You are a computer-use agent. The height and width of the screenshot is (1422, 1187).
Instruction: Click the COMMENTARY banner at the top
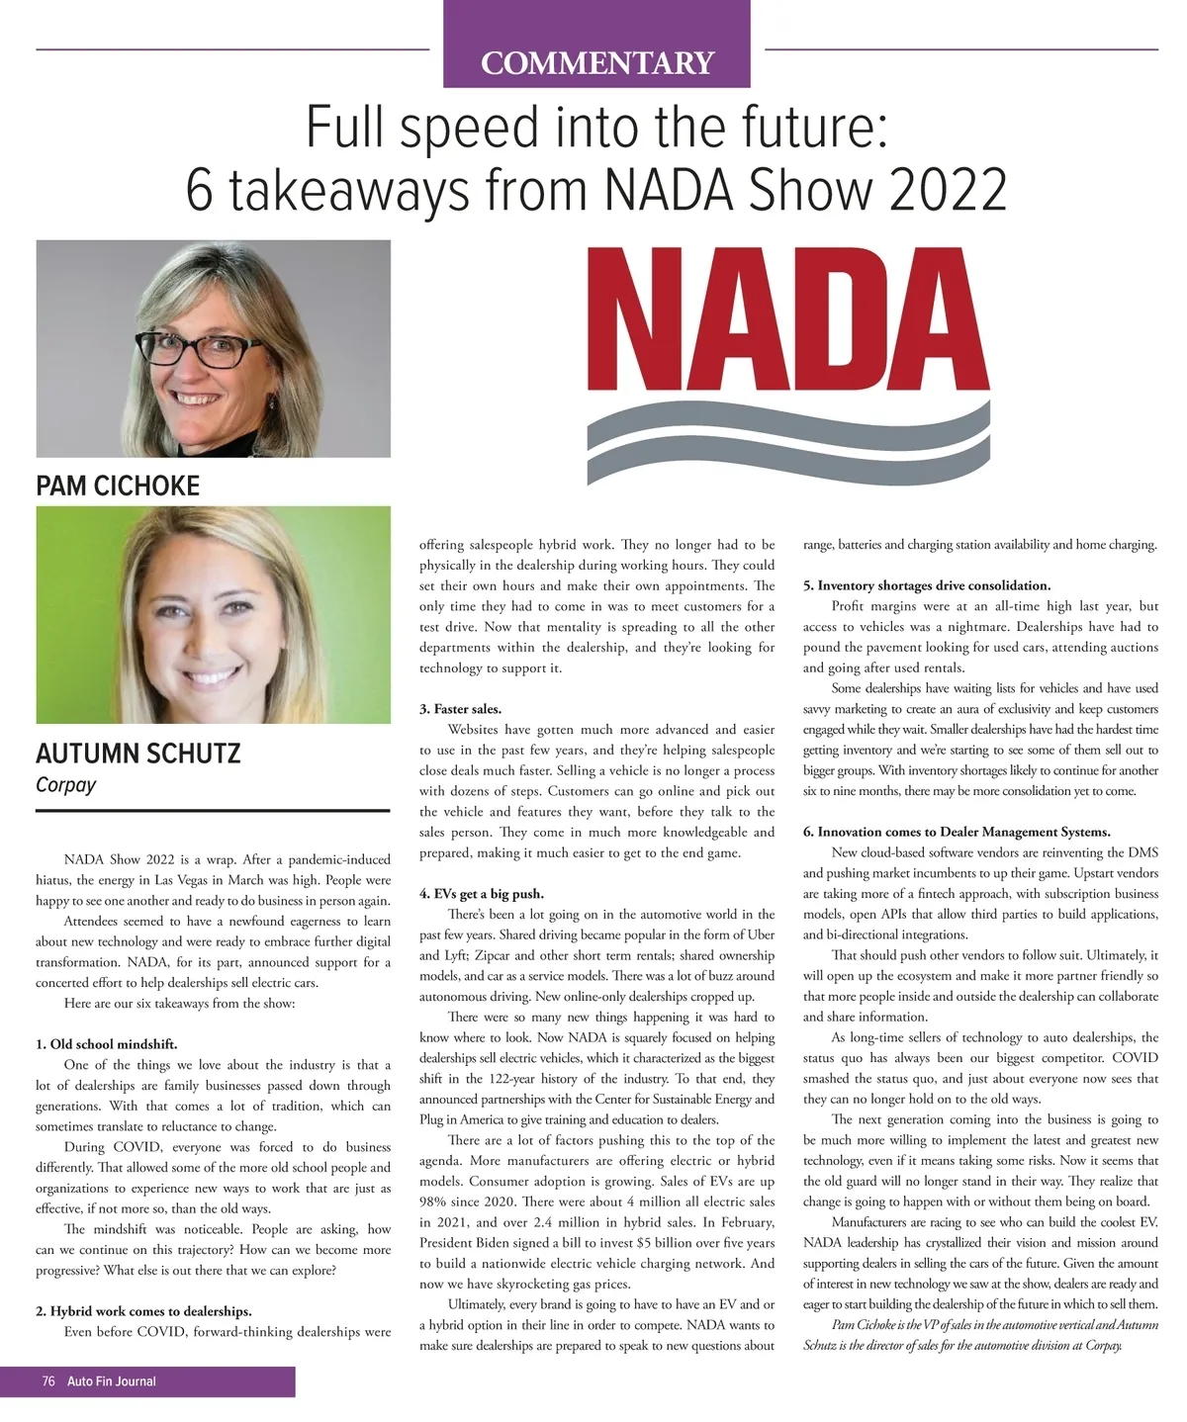pos(596,62)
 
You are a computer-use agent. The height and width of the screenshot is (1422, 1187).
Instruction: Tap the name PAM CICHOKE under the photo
pos(118,486)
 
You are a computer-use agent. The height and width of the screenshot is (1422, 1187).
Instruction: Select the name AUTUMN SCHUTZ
pos(137,754)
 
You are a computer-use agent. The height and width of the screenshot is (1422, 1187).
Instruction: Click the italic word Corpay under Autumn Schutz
pos(66,785)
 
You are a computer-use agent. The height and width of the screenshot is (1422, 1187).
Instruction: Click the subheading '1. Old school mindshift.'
pos(107,1044)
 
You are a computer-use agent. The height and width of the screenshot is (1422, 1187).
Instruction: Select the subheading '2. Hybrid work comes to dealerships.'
pos(143,1311)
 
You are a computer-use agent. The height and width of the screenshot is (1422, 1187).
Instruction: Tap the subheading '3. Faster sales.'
pos(460,709)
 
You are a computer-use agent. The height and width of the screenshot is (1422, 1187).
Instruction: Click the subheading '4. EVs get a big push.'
pos(482,894)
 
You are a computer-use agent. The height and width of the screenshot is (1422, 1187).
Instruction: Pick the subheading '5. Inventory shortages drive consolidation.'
pos(927,585)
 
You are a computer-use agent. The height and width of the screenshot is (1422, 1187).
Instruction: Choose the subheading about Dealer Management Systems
pos(957,832)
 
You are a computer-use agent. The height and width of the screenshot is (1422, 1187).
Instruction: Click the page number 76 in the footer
pos(48,1381)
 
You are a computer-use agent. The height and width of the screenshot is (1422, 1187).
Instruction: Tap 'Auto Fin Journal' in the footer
pos(112,1381)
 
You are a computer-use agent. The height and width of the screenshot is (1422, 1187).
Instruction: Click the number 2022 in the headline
pos(948,189)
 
